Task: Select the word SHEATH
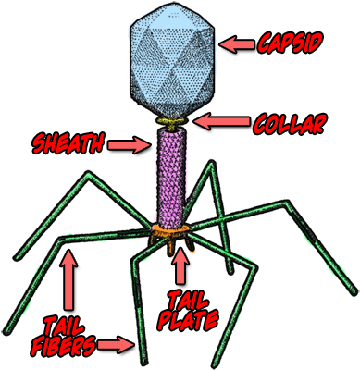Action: (68, 145)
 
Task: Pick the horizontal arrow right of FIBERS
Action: (118, 346)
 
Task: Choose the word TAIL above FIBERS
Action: (68, 326)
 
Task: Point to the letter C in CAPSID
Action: (266, 43)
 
